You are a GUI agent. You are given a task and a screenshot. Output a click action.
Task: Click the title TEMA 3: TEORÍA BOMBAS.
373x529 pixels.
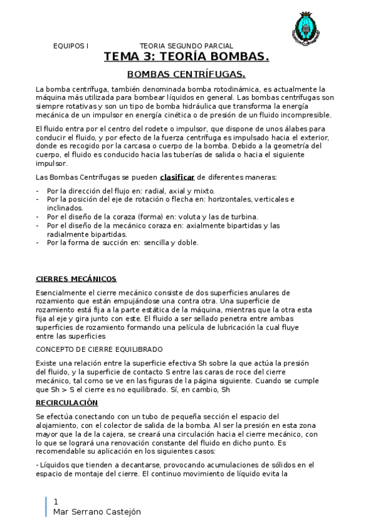tap(186, 57)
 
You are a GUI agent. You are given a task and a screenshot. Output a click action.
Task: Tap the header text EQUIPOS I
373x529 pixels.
tap(71, 46)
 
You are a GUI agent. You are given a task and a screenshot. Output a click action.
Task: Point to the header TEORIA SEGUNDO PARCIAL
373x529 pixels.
tap(186, 46)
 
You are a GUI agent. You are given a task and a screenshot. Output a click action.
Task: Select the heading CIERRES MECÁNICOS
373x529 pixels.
tap(76, 279)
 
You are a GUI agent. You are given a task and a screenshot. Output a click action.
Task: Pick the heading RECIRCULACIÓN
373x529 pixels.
tap(67, 403)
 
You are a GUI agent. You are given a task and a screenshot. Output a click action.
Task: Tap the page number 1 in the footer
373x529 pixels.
tap(57, 502)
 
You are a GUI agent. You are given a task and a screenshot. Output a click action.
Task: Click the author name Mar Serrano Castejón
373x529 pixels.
tap(97, 512)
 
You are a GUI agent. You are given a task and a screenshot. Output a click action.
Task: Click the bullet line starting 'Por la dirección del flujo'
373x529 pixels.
tap(131, 191)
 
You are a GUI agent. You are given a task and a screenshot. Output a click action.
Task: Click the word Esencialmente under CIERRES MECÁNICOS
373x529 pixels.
tap(61, 293)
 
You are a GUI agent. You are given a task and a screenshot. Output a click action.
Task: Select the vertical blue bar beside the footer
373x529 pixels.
tap(46, 507)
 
